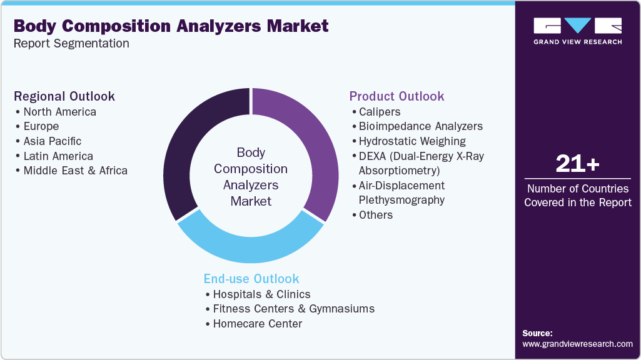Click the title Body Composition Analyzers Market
click(x=171, y=26)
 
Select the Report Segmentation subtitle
click(x=71, y=43)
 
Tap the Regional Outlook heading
click(x=64, y=96)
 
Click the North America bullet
click(x=59, y=112)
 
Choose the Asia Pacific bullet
click(x=52, y=141)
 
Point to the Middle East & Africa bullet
click(x=75, y=171)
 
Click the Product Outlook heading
click(x=396, y=96)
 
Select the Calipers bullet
click(x=379, y=112)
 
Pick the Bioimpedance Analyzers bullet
click(x=420, y=126)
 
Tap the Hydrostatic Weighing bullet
click(x=411, y=141)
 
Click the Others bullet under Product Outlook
click(x=375, y=215)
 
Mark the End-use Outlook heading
click(x=251, y=279)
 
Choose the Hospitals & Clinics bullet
click(x=261, y=294)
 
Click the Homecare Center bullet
click(x=257, y=324)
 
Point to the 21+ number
click(x=577, y=164)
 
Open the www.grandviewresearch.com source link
click(x=577, y=344)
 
